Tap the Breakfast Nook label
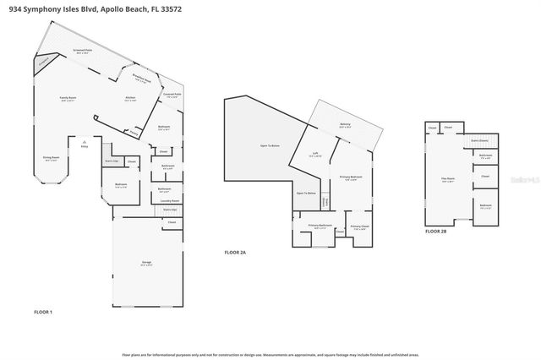141,77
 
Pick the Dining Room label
52,157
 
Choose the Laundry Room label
170,200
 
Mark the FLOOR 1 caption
42,313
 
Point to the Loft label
314,154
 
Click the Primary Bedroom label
350,177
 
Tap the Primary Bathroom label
319,226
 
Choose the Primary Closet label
358,226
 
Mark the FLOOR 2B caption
435,231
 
